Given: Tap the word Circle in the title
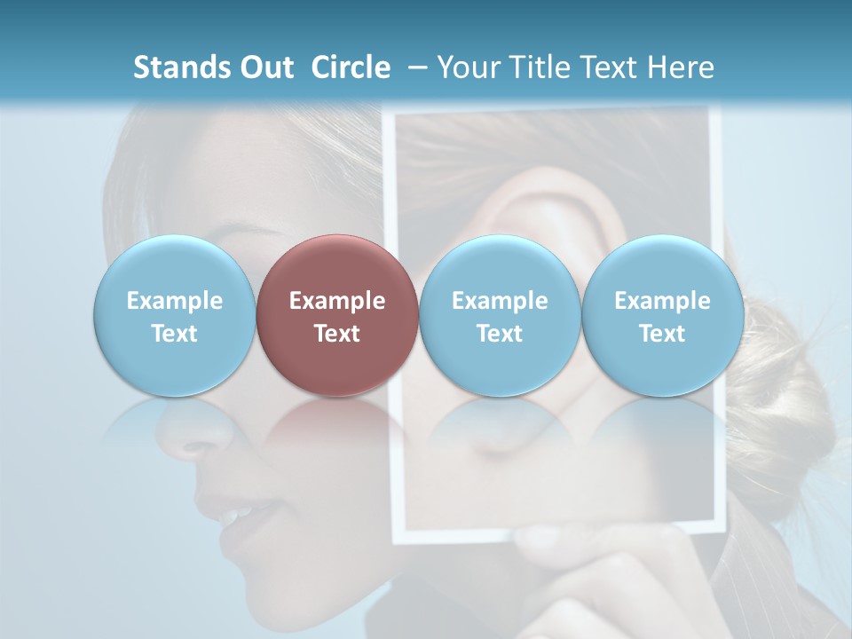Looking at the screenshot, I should pos(351,67).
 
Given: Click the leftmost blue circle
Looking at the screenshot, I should pos(174,315).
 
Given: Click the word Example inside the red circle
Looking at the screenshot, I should pos(337,301).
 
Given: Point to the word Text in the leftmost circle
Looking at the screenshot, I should pos(174,334).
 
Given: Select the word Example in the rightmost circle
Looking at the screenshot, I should pos(662,301).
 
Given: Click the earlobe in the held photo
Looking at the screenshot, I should pos(568,444).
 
